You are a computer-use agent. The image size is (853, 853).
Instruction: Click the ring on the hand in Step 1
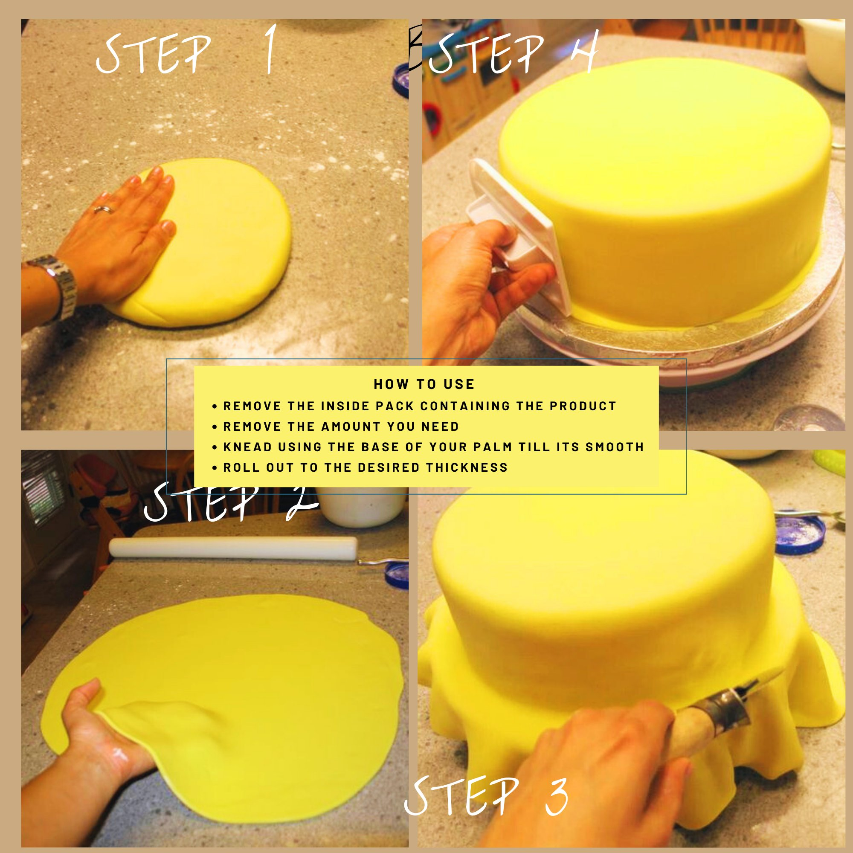(104, 209)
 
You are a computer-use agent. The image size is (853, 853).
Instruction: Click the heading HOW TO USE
(424, 384)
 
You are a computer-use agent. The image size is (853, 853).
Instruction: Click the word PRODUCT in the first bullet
(583, 406)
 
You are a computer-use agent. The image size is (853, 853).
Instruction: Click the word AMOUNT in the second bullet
(351, 426)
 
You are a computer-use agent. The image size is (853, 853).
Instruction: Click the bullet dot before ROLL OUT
(215, 467)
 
